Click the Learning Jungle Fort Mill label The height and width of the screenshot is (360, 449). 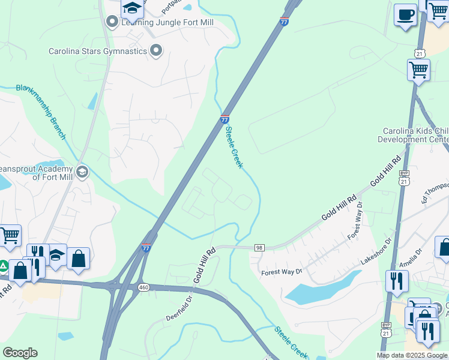click(x=167, y=22)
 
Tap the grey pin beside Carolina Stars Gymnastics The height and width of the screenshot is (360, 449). click(x=157, y=50)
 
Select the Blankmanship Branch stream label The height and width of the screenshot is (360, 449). click(x=41, y=112)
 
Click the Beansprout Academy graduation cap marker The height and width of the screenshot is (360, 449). click(x=82, y=173)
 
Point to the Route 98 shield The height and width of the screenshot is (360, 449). click(x=259, y=247)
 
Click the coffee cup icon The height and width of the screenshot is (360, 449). click(x=405, y=14)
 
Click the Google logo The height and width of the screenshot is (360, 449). click(x=20, y=353)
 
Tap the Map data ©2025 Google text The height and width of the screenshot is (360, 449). click(x=412, y=355)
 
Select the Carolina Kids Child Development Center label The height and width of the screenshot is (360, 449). click(x=414, y=135)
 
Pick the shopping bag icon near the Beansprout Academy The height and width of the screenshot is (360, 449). click(x=78, y=259)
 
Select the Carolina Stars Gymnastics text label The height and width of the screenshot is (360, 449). click(x=98, y=51)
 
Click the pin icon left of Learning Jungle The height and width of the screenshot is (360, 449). click(x=112, y=22)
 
